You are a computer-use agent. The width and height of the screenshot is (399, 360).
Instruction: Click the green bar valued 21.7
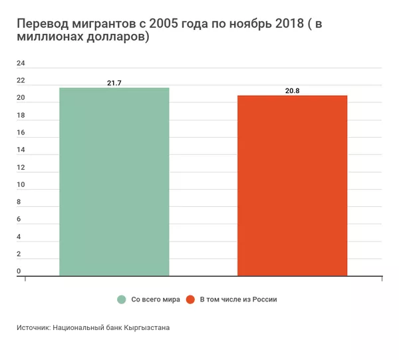pos(114,181)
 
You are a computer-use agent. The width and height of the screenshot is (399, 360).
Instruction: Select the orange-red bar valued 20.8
pos(292,185)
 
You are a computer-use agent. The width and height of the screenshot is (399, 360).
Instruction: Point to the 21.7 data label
pos(114,83)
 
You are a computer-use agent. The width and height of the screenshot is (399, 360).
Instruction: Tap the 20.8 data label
pos(292,90)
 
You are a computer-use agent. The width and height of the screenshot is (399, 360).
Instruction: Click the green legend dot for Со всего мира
pos(122,299)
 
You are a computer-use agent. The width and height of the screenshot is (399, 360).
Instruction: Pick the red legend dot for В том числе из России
pos(191,299)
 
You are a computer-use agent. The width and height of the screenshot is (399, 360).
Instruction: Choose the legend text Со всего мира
pos(156,299)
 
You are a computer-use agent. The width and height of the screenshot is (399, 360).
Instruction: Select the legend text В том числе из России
pos(238,299)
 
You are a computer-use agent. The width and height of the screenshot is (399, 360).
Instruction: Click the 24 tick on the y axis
pos(21,64)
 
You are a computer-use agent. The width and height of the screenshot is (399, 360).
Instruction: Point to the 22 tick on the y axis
pos(21,81)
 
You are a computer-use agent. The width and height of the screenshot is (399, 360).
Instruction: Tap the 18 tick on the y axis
pos(21,116)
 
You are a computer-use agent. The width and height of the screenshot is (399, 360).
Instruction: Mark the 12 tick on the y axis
pos(21,168)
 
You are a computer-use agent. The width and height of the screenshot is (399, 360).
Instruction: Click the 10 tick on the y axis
pos(21,185)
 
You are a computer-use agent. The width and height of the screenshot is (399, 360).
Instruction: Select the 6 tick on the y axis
pos(19,220)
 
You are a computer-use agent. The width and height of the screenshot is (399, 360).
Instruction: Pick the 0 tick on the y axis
pos(19,271)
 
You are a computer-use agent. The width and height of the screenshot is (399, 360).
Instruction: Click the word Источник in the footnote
pos(33,328)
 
